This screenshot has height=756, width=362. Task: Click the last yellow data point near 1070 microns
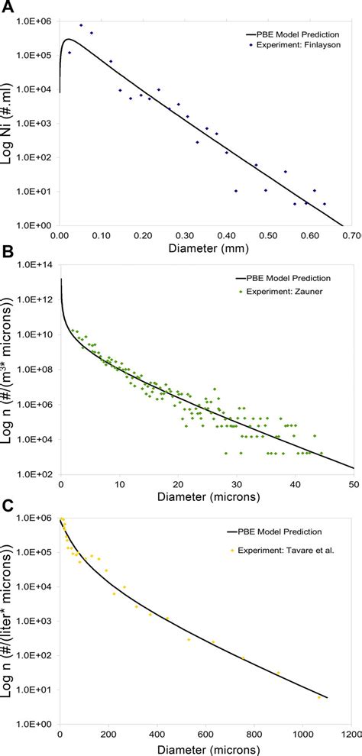[x=319, y=696]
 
